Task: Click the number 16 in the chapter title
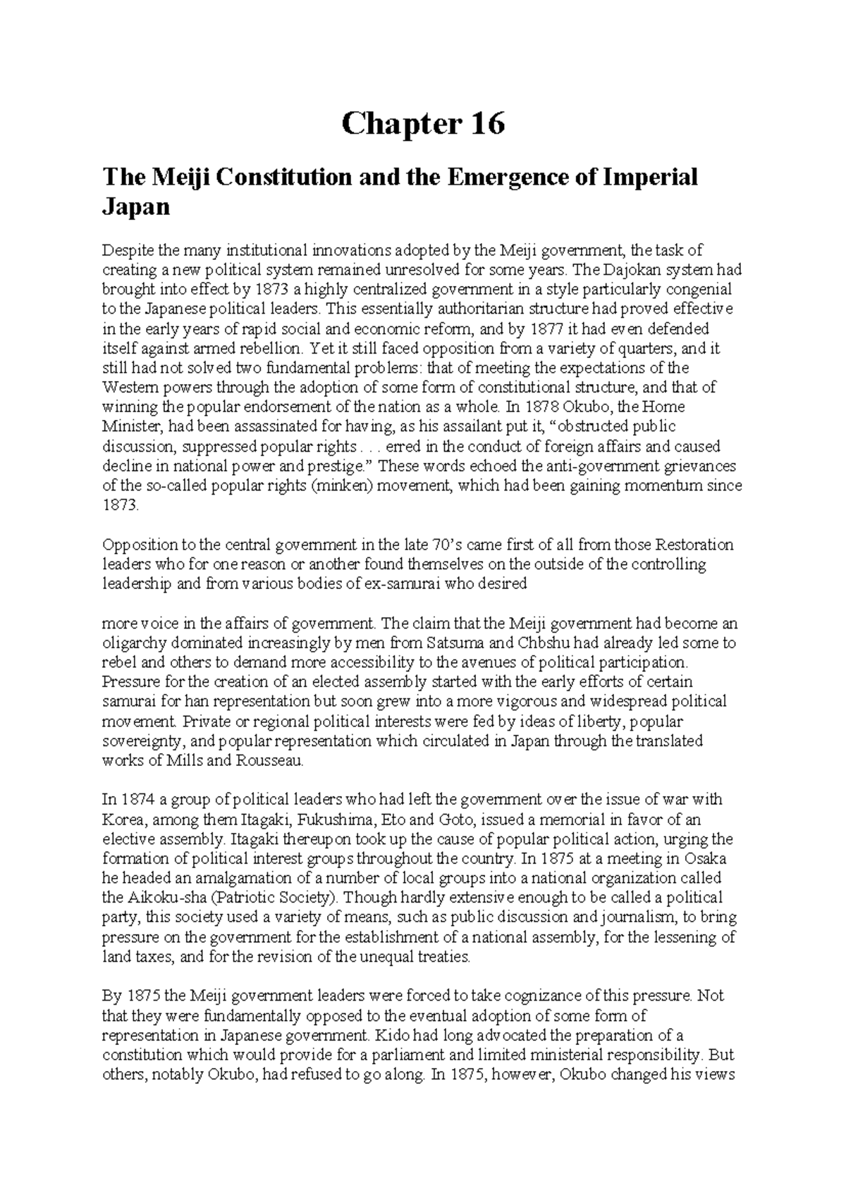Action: pos(486,125)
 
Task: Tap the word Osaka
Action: pos(708,859)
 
